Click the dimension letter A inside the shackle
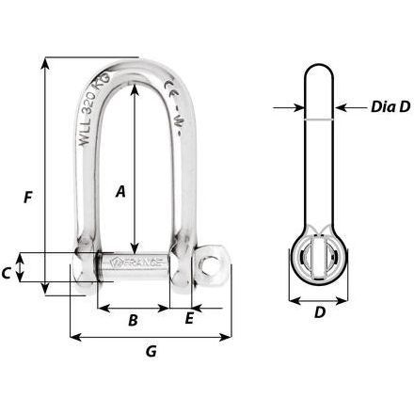click(x=119, y=192)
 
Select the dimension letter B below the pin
click(x=134, y=320)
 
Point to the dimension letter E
click(x=189, y=319)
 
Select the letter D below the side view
click(x=319, y=313)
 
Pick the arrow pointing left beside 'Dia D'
click(x=341, y=109)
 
